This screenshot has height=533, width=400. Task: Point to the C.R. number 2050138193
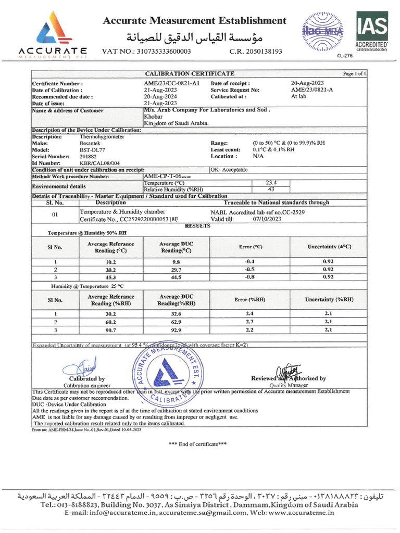click(256, 52)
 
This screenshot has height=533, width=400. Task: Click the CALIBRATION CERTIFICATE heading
click(189, 74)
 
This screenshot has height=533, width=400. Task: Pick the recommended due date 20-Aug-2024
click(160, 97)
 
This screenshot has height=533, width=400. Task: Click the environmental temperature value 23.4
click(271, 183)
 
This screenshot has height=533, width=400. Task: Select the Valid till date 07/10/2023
click(267, 219)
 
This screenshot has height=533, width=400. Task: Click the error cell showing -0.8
click(251, 277)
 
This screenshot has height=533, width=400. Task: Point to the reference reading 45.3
click(110, 277)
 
